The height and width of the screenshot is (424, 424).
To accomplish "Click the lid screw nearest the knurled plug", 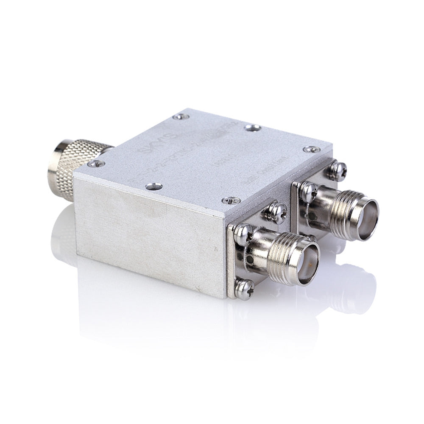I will tap(96, 163).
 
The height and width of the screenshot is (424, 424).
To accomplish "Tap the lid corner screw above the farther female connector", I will tap(312, 149).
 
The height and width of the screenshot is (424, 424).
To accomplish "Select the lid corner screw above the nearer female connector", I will tap(232, 200).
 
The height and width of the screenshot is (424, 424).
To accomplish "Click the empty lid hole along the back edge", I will tap(253, 127).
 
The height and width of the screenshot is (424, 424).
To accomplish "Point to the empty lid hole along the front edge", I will tap(153, 186).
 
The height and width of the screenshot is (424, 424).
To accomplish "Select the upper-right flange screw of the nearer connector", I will tap(278, 213).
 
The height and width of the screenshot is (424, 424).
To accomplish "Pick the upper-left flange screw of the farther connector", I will tap(309, 192).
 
